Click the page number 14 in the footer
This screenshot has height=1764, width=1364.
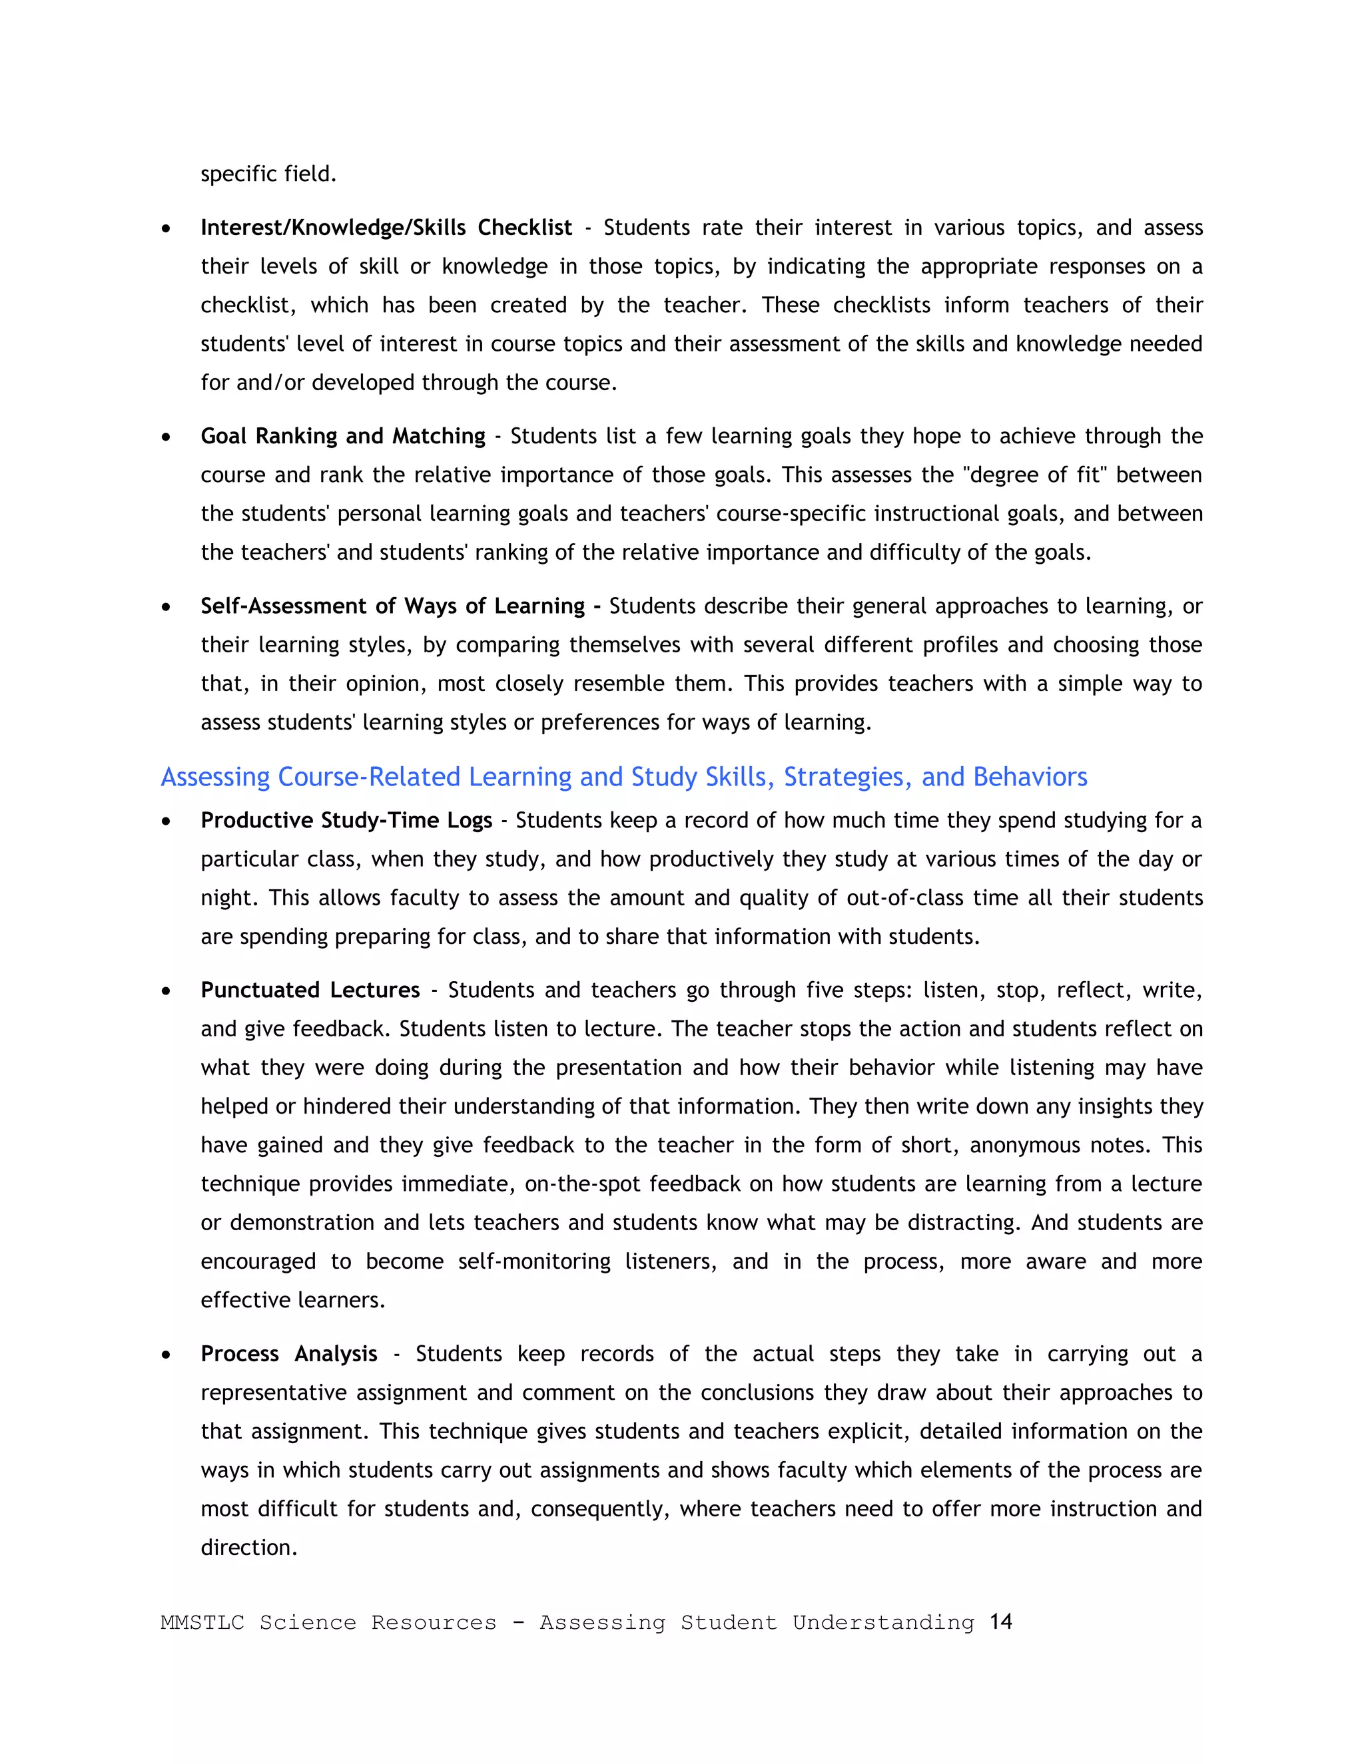click(x=1000, y=1621)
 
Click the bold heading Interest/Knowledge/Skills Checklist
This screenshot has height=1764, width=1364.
click(x=386, y=228)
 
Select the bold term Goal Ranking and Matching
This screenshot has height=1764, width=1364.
click(x=342, y=436)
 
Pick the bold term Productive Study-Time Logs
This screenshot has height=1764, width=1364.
click(x=346, y=821)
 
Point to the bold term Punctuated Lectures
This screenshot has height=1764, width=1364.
click(x=310, y=991)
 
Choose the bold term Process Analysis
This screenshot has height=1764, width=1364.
click(x=288, y=1354)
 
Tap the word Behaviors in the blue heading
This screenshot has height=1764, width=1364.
click(x=1030, y=777)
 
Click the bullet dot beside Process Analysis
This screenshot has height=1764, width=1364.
click(x=166, y=1355)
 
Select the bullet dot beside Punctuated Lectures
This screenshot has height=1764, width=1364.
click(x=166, y=992)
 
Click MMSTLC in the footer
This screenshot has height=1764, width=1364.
click(x=202, y=1623)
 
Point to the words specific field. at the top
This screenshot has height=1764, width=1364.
click(x=268, y=174)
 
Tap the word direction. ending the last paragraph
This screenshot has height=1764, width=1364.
click(x=249, y=1548)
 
